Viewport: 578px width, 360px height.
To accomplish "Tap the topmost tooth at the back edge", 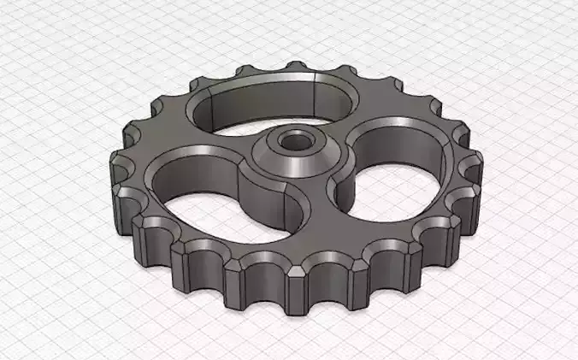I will [295, 67].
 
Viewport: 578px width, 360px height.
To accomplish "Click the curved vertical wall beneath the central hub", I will [265, 201].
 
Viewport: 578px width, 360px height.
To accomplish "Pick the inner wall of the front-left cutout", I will [184, 175].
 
